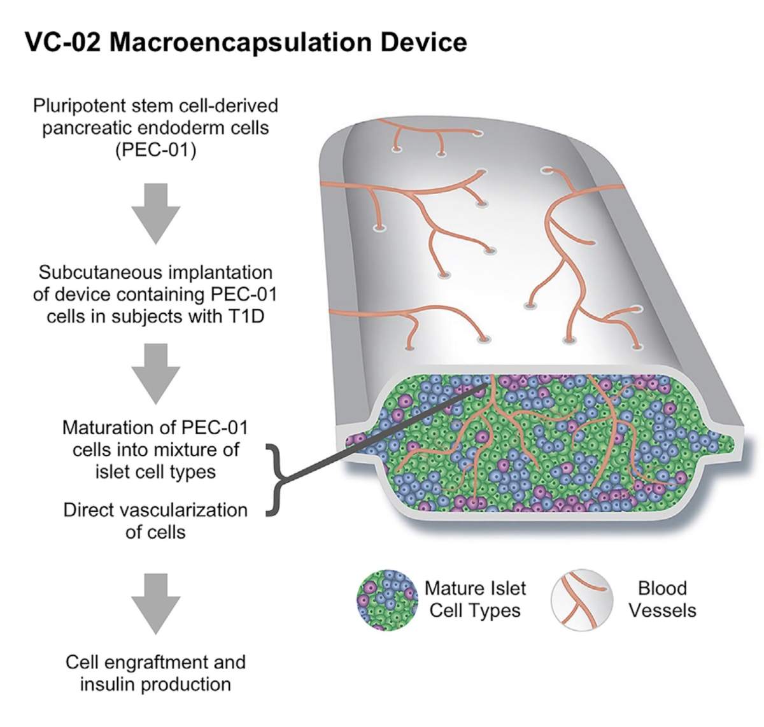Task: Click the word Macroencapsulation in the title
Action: tap(240, 42)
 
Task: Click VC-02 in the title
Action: tap(62, 42)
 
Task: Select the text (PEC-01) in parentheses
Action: tap(155, 150)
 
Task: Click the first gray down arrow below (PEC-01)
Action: tap(155, 213)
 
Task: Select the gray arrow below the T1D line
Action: tap(155, 373)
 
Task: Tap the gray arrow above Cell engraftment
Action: tap(155, 602)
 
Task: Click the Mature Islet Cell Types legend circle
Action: tap(387, 600)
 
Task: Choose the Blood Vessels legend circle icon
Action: tap(581, 600)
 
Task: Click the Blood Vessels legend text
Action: tap(662, 599)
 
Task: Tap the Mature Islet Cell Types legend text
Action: tap(475, 599)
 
